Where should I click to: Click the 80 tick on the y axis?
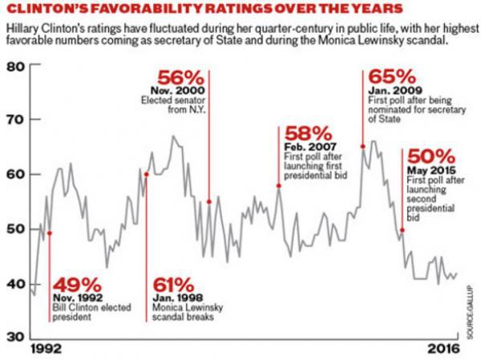pyautogui.click(x=16, y=67)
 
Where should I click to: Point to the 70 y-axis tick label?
pyautogui.click(x=16, y=120)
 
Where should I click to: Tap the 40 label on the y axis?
pyautogui.click(x=16, y=283)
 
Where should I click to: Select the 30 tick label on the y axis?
pyautogui.click(x=16, y=337)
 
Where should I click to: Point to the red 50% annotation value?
pyautogui.click(x=431, y=156)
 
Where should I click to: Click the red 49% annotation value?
pyautogui.click(x=78, y=285)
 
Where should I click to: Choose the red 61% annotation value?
pyautogui.click(x=173, y=285)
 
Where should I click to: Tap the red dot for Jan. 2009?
pyautogui.click(x=363, y=146)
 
